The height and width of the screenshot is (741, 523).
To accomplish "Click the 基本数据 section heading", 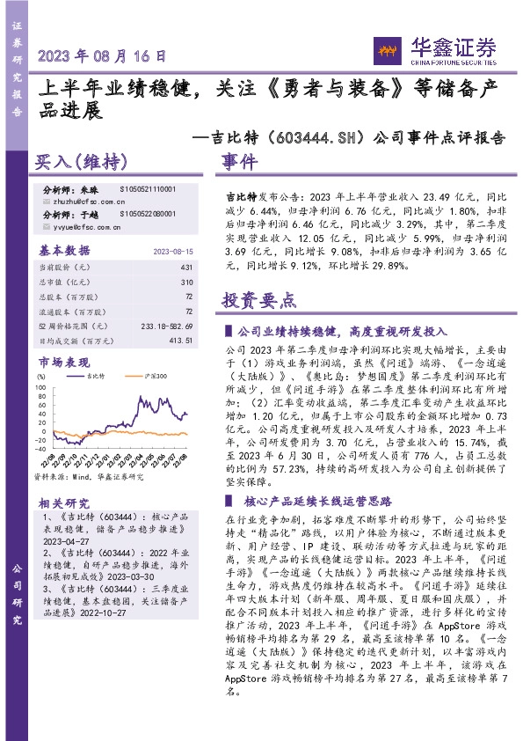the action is coord(65,250).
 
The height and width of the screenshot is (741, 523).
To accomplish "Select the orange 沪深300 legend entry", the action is coord(142,377).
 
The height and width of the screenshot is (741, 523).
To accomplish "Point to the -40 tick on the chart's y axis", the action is coord(40,452).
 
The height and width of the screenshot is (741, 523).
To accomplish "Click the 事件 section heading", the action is coord(238,164).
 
